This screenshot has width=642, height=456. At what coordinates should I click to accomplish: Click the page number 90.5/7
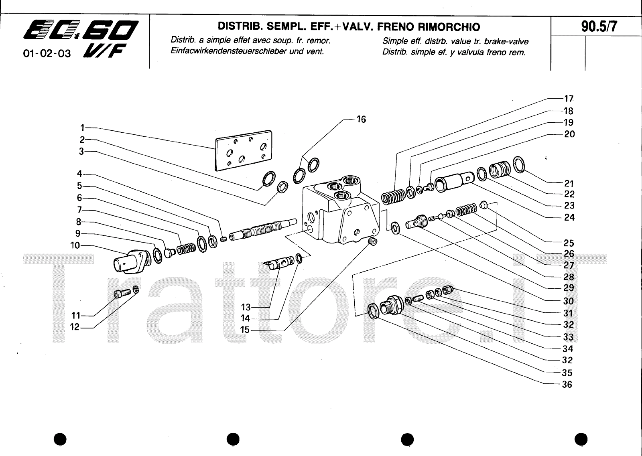pyautogui.click(x=599, y=27)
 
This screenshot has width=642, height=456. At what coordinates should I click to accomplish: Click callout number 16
pyautogui.click(x=361, y=119)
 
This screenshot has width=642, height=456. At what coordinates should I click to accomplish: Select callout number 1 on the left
pyautogui.click(x=82, y=128)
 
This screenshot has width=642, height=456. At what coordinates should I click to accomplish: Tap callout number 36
pyautogui.click(x=567, y=384)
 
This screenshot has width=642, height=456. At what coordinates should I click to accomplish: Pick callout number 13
pyautogui.click(x=246, y=307)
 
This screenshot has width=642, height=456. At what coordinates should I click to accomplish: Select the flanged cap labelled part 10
pyautogui.click(x=128, y=261)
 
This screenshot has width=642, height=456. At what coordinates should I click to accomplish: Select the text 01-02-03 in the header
pyautogui.click(x=47, y=53)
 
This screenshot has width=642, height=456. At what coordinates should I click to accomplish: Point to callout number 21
pyautogui.click(x=569, y=184)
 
